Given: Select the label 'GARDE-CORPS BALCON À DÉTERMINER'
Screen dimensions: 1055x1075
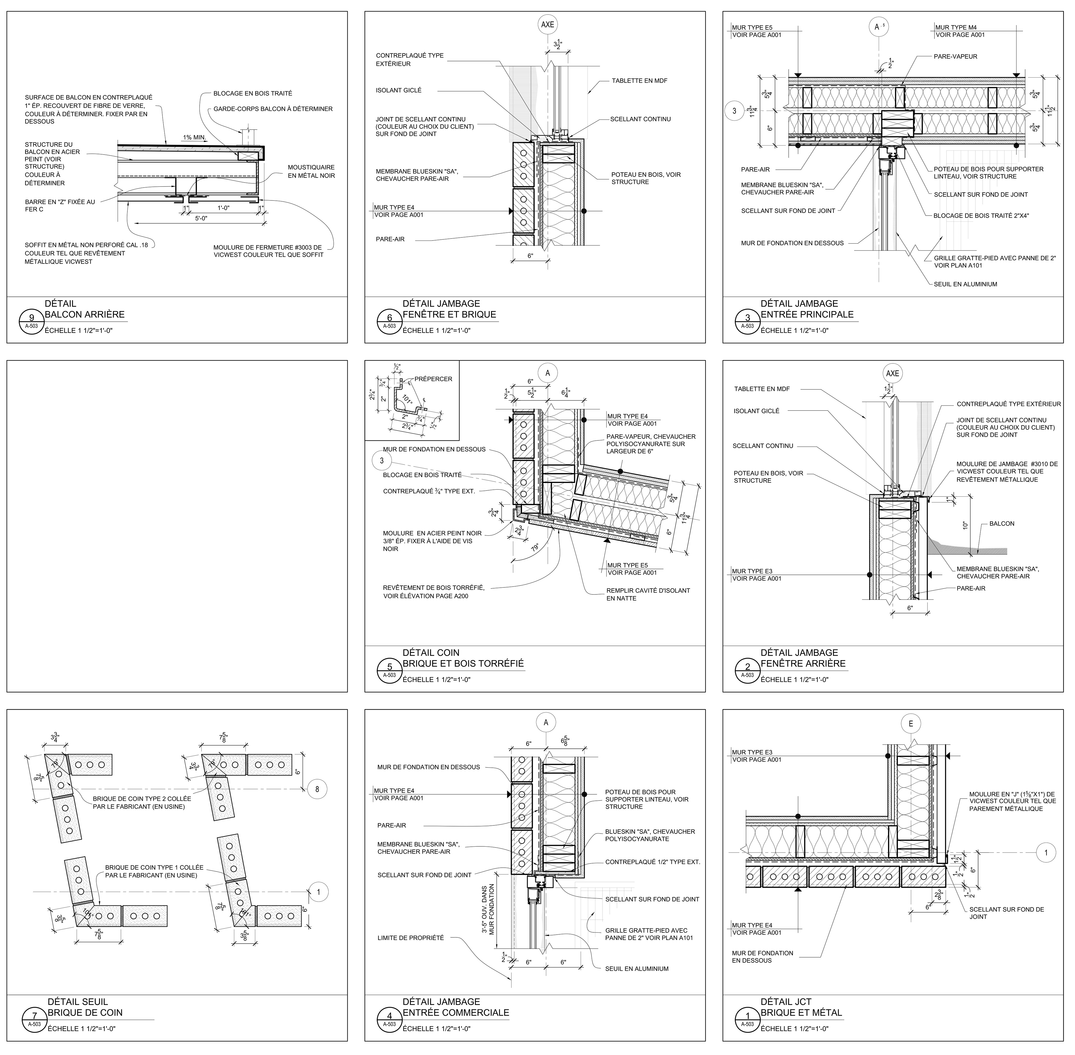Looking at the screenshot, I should [x=273, y=109].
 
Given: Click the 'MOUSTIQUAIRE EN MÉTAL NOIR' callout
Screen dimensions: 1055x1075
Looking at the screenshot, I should [x=311, y=171].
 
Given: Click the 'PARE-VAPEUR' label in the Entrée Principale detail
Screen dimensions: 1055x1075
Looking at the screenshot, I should [x=955, y=57].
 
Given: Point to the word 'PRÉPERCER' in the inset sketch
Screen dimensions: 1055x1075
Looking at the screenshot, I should [x=433, y=379].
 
